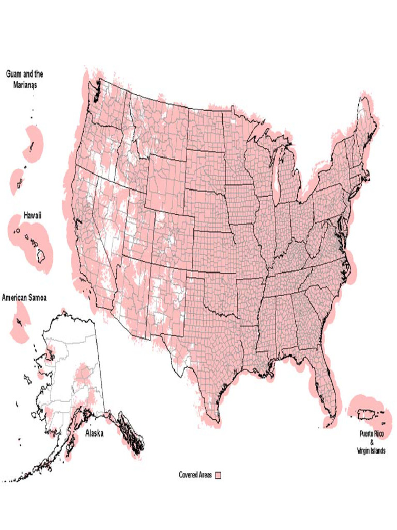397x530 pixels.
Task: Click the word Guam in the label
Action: [16, 74]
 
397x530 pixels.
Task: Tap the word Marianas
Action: [25, 83]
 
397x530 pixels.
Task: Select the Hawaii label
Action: [32, 215]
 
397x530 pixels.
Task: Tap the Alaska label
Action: [94, 434]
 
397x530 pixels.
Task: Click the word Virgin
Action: [363, 451]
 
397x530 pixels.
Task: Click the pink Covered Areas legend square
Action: [218, 475]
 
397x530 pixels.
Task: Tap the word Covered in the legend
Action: [188, 475]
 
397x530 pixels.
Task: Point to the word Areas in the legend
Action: [205, 475]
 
